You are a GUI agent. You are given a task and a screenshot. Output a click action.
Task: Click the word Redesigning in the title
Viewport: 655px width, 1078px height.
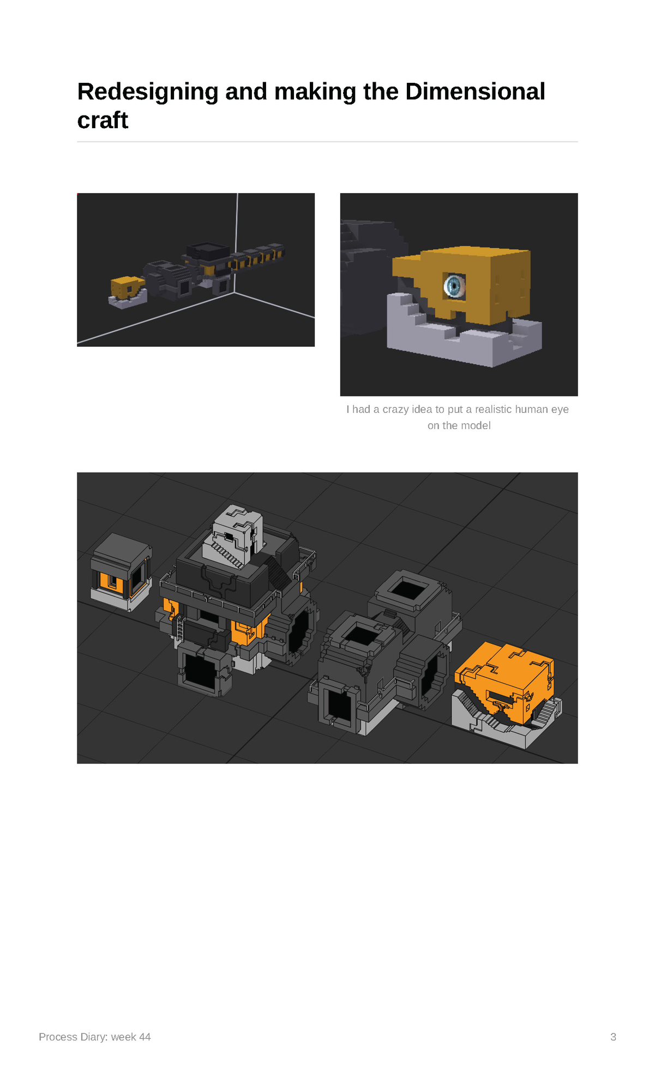pos(148,92)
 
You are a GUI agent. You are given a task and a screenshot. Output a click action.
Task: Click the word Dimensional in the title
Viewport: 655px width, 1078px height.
pos(475,91)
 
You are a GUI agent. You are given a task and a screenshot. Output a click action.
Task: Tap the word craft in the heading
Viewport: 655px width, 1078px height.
pos(103,120)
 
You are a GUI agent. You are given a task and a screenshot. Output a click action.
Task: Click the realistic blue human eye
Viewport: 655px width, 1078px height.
pos(454,285)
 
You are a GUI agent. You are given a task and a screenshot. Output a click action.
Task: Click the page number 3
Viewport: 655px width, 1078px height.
pos(613,1037)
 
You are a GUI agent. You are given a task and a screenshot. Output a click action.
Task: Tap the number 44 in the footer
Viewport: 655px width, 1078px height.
pos(145,1037)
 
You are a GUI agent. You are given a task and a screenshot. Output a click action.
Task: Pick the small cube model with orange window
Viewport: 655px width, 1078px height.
pos(121,572)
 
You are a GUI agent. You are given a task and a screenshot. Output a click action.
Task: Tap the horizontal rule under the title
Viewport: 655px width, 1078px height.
pos(327,142)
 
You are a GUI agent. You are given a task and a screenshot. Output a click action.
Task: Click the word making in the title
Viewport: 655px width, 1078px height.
pos(315,92)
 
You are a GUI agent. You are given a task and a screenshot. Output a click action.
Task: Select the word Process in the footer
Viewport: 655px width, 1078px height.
pos(58,1037)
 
